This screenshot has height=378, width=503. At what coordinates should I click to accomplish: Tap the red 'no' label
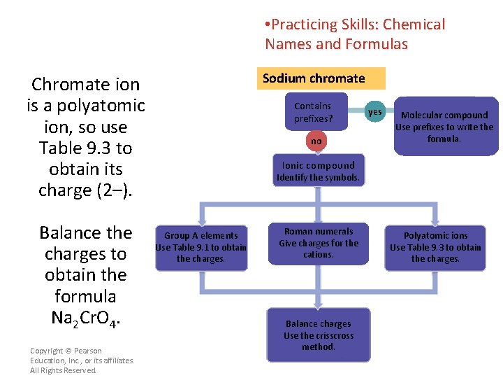point(316,141)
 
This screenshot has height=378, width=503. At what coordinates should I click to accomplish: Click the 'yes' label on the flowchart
point(375,112)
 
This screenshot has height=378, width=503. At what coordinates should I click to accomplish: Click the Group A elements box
point(201,247)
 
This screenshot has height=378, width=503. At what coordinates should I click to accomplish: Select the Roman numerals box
point(318,243)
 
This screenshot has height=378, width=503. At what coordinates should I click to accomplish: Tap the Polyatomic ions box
point(435,247)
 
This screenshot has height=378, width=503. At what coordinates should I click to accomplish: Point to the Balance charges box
point(318,335)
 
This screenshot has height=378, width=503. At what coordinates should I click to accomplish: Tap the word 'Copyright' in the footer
point(48,351)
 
